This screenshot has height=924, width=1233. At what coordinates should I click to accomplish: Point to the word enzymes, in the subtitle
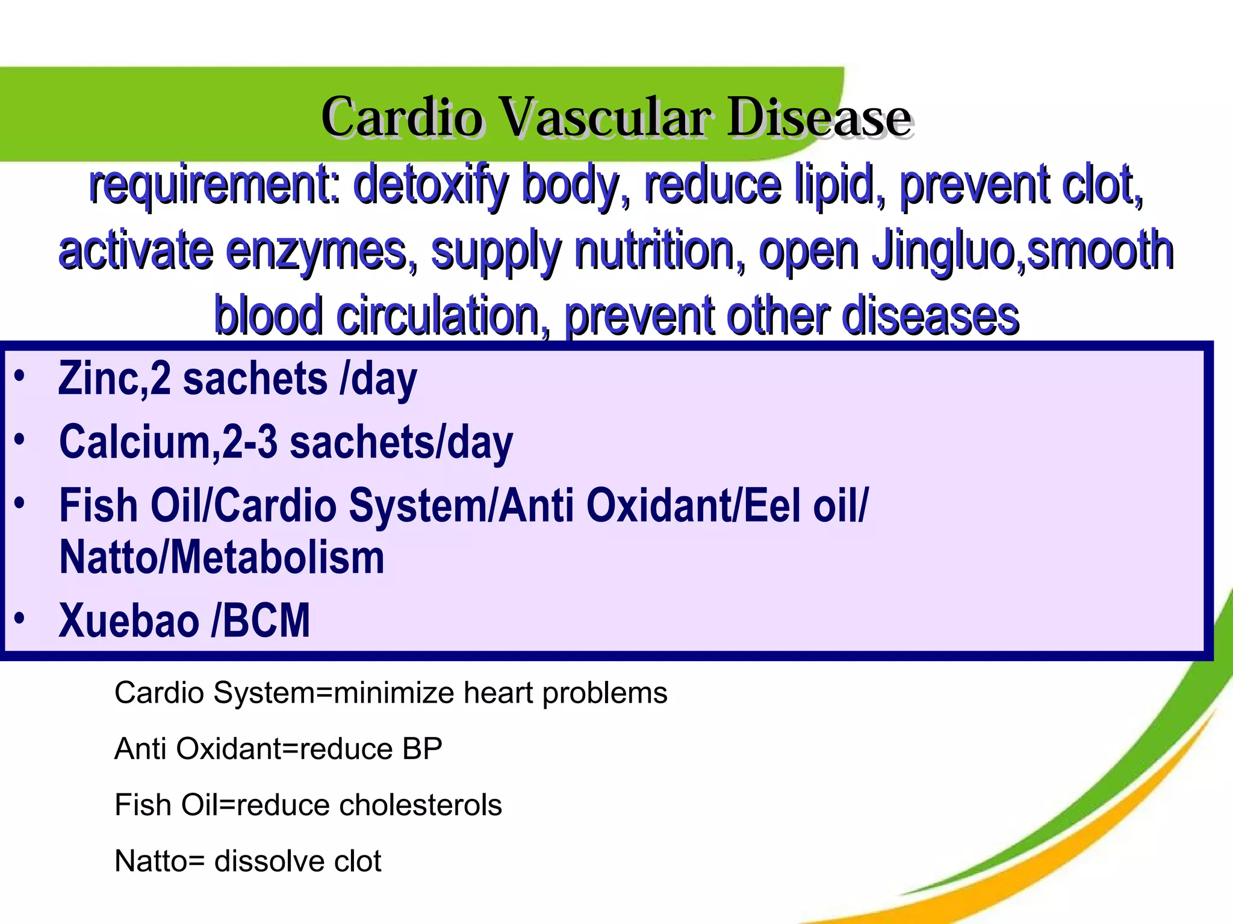pyautogui.click(x=321, y=251)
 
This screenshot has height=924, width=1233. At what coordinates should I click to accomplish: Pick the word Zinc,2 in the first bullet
pyautogui.click(x=114, y=379)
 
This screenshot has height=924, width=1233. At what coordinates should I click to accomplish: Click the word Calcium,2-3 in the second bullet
pyautogui.click(x=168, y=442)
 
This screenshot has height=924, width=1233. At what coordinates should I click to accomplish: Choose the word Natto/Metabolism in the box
pyautogui.click(x=222, y=558)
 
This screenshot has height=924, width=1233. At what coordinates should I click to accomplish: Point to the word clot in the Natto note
pyautogui.click(x=358, y=861)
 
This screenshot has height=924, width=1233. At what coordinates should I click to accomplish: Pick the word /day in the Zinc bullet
pyautogui.click(x=379, y=379)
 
